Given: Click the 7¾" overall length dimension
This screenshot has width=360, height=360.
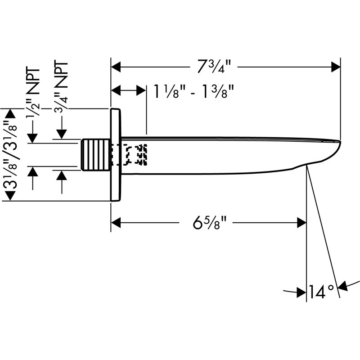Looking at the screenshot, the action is pyautogui.click(x=214, y=67).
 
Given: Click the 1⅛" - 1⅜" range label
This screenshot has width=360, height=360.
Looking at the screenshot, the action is pyautogui.click(x=193, y=91).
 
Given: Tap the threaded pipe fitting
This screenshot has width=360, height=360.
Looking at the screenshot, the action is pyautogui.click(x=96, y=155).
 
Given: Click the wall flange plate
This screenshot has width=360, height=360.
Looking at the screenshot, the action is pyautogui.click(x=116, y=155).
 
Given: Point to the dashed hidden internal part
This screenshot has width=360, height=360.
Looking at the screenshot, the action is pyautogui.click(x=135, y=155).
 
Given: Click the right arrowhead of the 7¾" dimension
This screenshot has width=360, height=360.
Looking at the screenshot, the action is pyautogui.click(x=336, y=67).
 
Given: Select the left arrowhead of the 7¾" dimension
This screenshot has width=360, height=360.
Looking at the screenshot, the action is pyautogui.click(x=116, y=67).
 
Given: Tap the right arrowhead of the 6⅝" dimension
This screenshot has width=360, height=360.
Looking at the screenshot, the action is pyautogui.click(x=301, y=223).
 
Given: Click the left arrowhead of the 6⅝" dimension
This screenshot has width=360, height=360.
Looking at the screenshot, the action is pyautogui.click(x=116, y=223).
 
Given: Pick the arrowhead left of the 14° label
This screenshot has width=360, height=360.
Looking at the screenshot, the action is pyautogui.click(x=301, y=292).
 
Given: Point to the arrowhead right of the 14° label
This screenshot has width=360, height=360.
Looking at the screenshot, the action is pyautogui.click(x=343, y=286).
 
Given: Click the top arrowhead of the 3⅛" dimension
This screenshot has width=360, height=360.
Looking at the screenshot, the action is pyautogui.click(x=10, y=113).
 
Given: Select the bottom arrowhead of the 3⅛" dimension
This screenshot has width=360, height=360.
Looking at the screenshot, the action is pyautogui.click(x=10, y=196).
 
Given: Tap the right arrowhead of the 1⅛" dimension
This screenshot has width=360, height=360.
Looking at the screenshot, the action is pyautogui.click(x=141, y=90).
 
